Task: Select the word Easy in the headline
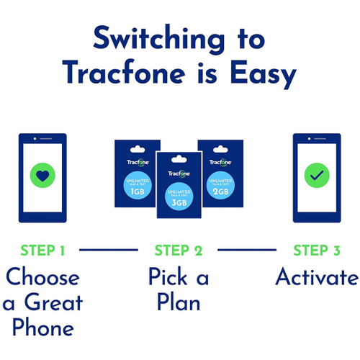click(260, 73)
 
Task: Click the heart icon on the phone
click(42, 175)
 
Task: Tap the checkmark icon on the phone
click(316, 175)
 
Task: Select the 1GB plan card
click(135, 172)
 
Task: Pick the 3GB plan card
click(179, 186)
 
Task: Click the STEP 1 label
click(43, 251)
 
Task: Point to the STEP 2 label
click(179, 251)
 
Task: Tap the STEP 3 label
click(316, 251)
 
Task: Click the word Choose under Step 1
click(42, 278)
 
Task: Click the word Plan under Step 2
click(178, 302)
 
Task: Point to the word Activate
click(316, 278)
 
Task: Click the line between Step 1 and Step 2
click(108, 251)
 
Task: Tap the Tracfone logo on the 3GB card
click(179, 173)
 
